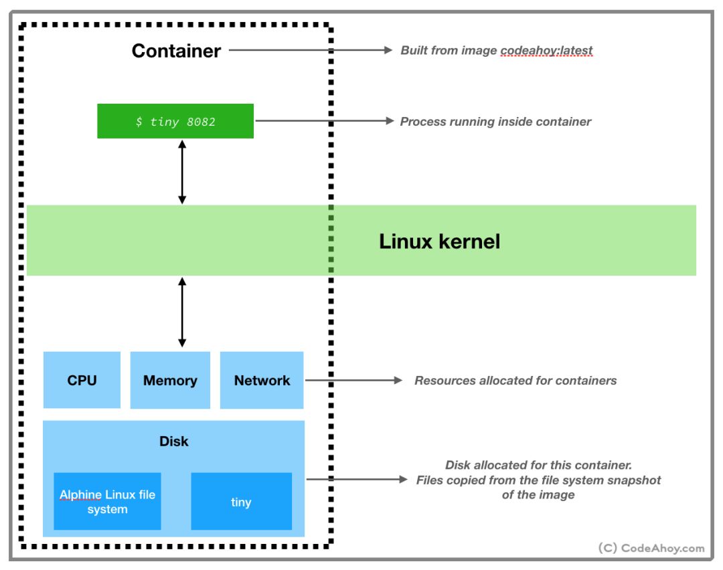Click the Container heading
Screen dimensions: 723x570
(x=176, y=51)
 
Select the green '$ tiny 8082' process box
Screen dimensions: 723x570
(x=175, y=120)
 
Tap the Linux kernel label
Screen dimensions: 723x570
(x=439, y=241)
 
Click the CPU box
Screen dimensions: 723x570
(x=82, y=380)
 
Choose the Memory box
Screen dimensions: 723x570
(x=170, y=380)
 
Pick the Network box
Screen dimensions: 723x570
(x=262, y=380)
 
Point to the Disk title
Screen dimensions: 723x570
(x=174, y=441)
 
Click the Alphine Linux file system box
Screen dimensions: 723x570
(x=107, y=501)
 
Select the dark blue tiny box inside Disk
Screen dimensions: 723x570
(x=242, y=501)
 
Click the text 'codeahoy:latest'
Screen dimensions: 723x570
(x=546, y=50)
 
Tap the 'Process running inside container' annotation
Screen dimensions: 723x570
(x=495, y=122)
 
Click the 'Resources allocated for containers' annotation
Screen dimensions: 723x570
(x=515, y=381)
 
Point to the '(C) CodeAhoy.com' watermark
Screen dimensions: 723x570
(x=651, y=548)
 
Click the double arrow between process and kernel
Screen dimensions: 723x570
(x=182, y=172)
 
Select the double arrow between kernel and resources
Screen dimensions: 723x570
(x=182, y=312)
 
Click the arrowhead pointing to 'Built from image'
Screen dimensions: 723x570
(x=388, y=50)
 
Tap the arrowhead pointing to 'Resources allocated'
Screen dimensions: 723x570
(x=398, y=380)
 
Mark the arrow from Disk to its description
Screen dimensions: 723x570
(x=357, y=479)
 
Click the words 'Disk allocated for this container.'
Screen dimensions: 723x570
(x=538, y=465)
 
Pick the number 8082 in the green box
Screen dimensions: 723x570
(x=201, y=122)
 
